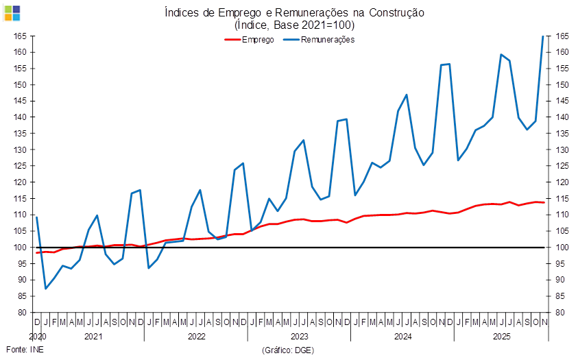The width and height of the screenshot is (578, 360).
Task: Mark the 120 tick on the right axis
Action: click(x=562, y=182)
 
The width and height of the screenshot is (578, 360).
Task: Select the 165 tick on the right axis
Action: click(x=562, y=36)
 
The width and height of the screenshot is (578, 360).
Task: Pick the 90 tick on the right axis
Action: click(x=562, y=280)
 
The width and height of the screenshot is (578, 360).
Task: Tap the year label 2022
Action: click(x=196, y=337)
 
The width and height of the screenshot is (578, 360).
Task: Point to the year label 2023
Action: click(x=299, y=337)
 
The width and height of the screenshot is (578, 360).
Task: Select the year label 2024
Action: click(x=402, y=337)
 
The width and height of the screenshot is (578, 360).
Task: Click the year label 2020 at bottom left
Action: click(x=37, y=337)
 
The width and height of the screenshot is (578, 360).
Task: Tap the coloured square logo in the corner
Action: click(x=12, y=12)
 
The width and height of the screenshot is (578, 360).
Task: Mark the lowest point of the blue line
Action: click(x=46, y=289)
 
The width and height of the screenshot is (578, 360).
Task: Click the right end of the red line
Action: click(x=544, y=202)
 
